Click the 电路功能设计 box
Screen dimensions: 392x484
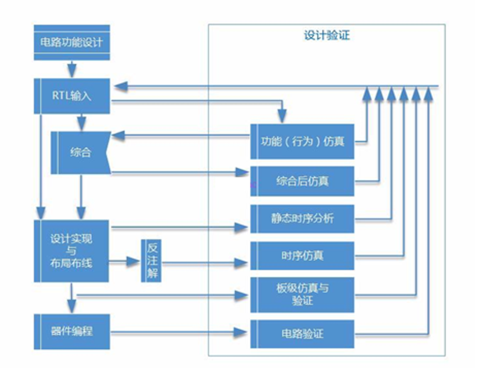click(x=72, y=43)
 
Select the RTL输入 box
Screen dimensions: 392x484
click(x=72, y=96)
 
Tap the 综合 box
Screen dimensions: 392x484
click(x=80, y=152)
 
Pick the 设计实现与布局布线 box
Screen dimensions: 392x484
click(x=71, y=251)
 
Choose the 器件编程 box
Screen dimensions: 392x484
click(x=72, y=331)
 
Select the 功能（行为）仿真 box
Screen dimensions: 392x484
click(x=302, y=141)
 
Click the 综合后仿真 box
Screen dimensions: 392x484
click(x=302, y=181)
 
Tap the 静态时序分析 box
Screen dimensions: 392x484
click(x=302, y=219)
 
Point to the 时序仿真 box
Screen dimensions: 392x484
click(x=302, y=256)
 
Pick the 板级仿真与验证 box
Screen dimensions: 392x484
click(x=302, y=295)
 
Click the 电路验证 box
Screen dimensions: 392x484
click(x=302, y=333)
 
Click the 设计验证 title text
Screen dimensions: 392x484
click(x=327, y=35)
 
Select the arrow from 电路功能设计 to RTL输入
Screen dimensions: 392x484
click(x=72, y=69)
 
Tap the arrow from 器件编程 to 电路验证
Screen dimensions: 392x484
click(x=179, y=332)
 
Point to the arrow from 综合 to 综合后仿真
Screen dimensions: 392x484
click(x=179, y=173)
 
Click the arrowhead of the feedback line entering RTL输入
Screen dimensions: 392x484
click(x=121, y=87)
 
